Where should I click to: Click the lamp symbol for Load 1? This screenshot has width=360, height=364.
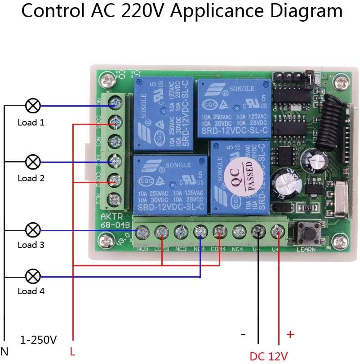33,106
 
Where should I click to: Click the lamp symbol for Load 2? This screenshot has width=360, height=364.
33,161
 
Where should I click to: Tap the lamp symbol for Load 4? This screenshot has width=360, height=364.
33,275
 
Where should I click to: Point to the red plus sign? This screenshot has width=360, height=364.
290,334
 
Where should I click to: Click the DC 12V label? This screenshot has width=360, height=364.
268,356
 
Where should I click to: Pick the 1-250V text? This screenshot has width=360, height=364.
38,340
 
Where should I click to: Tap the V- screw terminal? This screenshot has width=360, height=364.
258,233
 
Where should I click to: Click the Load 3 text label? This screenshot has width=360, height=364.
31,245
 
